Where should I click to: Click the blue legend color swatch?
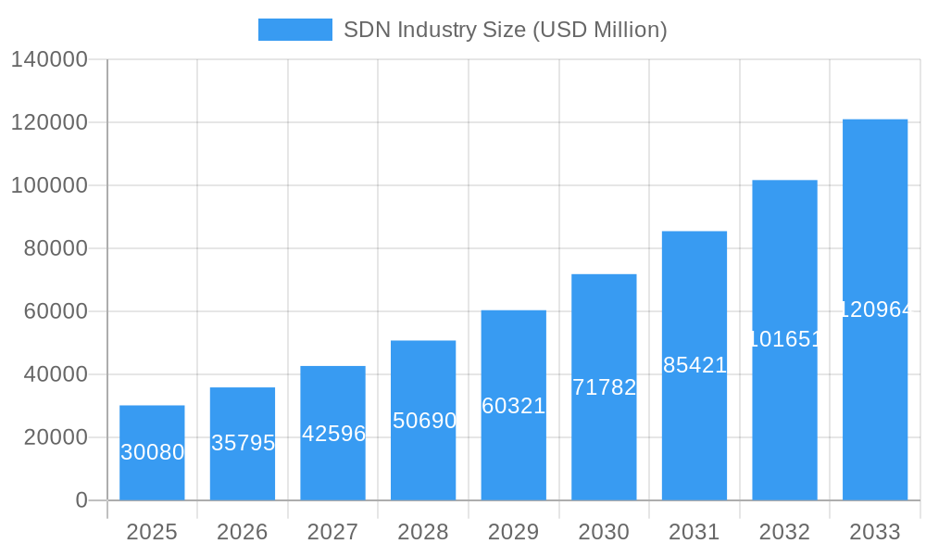click(294, 30)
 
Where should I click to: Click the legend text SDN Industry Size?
click(505, 30)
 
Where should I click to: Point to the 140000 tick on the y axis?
click(49, 59)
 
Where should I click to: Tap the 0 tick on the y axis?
click(81, 500)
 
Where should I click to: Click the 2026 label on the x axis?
click(243, 532)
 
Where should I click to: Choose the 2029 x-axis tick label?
click(513, 532)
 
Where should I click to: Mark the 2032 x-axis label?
click(784, 532)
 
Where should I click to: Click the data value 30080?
click(153, 452)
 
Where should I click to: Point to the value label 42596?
click(333, 434)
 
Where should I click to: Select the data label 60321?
click(514, 406)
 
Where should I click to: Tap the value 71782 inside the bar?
click(604, 387)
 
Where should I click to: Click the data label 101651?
click(784, 339)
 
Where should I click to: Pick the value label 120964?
click(876, 310)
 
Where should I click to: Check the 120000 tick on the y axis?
click(49, 122)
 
